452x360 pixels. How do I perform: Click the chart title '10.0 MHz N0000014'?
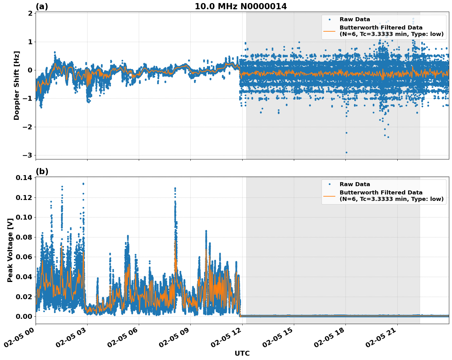241,6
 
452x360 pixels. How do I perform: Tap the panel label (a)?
42,6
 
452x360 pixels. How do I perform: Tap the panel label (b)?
42,171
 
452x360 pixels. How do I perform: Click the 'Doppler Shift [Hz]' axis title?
17,85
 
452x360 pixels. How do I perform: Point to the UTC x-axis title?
242,353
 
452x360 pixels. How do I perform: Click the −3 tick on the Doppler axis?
27,155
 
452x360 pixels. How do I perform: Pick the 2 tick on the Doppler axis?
30,14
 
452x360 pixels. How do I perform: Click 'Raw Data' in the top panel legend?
355,19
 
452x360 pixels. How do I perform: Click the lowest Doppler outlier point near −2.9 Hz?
346,152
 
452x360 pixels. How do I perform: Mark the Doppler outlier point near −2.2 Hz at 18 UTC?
346,133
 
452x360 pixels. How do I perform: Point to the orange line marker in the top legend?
329,31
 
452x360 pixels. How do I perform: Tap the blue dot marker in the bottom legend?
329,184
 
